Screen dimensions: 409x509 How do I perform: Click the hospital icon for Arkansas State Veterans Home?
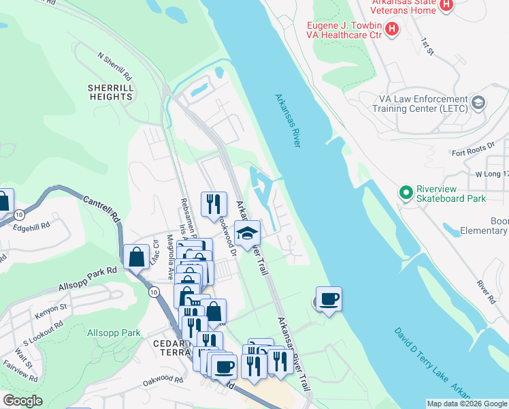coord(446,6)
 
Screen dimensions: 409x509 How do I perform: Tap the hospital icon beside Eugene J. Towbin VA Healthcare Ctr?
coord(391,28)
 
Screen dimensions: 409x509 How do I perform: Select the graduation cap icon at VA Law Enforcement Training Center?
coord(478,103)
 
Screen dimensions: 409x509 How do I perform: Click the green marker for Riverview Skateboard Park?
coord(406,193)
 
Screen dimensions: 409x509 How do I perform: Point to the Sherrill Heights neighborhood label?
coord(110,92)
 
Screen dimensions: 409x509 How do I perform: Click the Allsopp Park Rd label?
coord(88,270)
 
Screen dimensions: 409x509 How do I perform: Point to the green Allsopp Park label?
coord(114,333)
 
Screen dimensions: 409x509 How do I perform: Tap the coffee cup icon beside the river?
coord(329,299)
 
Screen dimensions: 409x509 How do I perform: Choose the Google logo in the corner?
coord(22,401)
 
